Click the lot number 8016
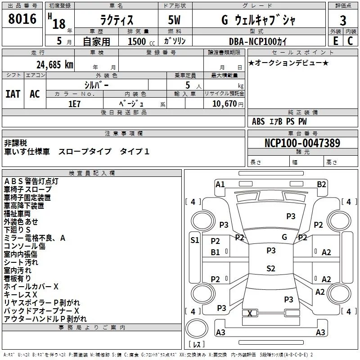coord(22,19)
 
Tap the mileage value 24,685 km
coord(55,65)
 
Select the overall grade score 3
coord(343,20)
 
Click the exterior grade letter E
coord(335,41)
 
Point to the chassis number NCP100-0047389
coord(302,143)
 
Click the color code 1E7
coord(74,104)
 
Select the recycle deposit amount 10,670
coord(224,104)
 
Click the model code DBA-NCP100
coord(252,41)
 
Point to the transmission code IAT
coord(13,94)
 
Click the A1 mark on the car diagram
coord(220,184)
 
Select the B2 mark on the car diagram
coord(321,184)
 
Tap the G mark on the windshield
coord(284,237)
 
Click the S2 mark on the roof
coord(271,269)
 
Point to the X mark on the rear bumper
coord(250,313)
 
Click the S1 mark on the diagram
coord(195,240)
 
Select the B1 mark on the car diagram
coord(215,252)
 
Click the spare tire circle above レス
coord(197,328)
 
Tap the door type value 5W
coord(174,20)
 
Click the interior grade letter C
coord(350,41)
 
